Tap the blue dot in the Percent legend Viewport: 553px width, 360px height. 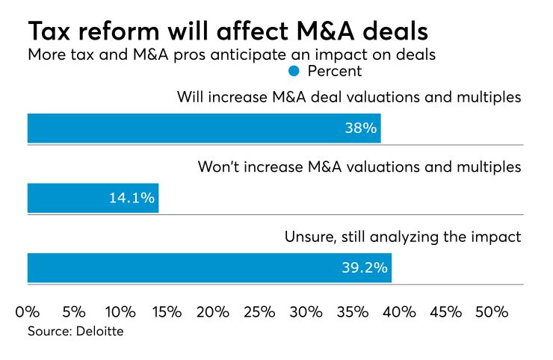click(x=294, y=72)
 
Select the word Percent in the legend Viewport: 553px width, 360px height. click(x=334, y=72)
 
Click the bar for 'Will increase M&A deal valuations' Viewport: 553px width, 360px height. click(x=204, y=128)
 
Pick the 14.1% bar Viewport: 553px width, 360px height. click(x=93, y=198)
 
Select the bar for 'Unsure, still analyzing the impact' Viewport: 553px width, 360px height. click(x=209, y=267)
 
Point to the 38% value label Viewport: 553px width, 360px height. click(x=360, y=128)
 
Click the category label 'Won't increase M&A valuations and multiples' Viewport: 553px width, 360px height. click(x=359, y=167)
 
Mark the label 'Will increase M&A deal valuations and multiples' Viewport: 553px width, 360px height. click(x=349, y=97)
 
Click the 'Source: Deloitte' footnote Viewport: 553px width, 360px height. click(x=75, y=331)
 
